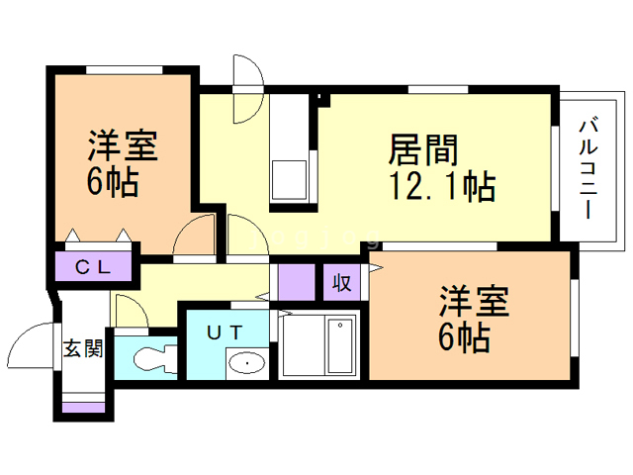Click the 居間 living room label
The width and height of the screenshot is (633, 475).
(423, 150)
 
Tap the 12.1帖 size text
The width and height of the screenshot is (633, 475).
(442, 186)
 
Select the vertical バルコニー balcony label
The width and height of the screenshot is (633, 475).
(588, 168)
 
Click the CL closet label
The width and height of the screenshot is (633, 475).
(93, 267)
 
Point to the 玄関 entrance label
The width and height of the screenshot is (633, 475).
(83, 347)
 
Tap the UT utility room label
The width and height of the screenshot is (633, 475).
(225, 332)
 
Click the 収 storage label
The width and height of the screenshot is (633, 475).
(341, 283)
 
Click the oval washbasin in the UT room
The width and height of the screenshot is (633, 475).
(246, 363)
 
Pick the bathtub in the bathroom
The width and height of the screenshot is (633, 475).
(340, 345)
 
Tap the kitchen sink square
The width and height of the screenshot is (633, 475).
(289, 180)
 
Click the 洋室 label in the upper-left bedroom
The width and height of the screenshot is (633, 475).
(123, 145)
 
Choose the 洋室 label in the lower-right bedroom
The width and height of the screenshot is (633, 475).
(475, 301)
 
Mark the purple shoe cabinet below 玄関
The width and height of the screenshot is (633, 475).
(83, 407)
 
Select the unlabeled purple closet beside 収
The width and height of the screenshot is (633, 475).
(297, 282)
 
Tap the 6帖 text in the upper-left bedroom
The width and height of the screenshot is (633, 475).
(113, 182)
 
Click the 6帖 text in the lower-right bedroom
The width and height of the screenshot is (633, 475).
(464, 337)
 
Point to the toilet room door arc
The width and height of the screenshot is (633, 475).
(137, 302)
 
